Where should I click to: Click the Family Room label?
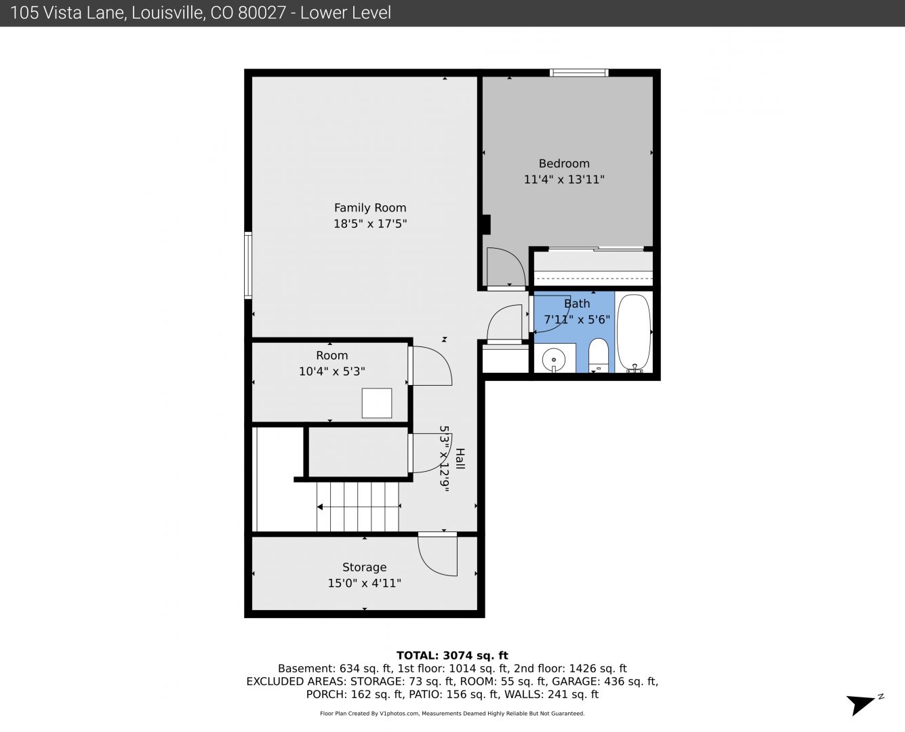[370, 208]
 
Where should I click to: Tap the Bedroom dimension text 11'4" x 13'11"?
[564, 180]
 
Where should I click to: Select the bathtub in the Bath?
[633, 332]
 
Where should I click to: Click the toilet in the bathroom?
[598, 355]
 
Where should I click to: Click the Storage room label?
[365, 567]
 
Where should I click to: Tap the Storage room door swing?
[438, 554]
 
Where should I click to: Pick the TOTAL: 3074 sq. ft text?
[452, 655]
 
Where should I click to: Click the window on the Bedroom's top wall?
[579, 73]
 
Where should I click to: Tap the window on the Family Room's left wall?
[248, 265]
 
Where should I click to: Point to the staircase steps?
[358, 506]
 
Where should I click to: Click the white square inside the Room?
[377, 403]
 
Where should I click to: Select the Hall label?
[460, 459]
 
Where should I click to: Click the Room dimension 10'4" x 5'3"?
[332, 371]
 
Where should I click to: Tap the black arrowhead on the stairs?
[320, 507]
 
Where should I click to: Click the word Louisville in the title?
[168, 13]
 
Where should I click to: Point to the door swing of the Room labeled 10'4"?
[431, 366]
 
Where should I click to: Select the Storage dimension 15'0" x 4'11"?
[365, 583]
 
